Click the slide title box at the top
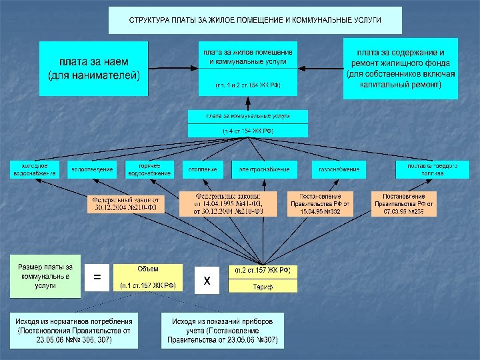(x=255, y=20)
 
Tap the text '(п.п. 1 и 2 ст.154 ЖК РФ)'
(x=248, y=85)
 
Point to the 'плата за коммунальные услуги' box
(x=248, y=116)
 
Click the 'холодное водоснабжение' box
(x=35, y=169)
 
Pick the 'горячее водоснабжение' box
(x=149, y=169)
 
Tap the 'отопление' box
(x=203, y=169)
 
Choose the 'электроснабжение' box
(x=265, y=169)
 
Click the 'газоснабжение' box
(x=339, y=169)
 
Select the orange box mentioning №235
(x=404, y=204)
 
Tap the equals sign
(x=97, y=275)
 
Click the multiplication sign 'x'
(x=207, y=281)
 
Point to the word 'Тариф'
(x=261, y=286)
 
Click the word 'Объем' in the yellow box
(x=147, y=269)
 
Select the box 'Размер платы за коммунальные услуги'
(x=45, y=276)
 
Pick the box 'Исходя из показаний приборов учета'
(x=223, y=331)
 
